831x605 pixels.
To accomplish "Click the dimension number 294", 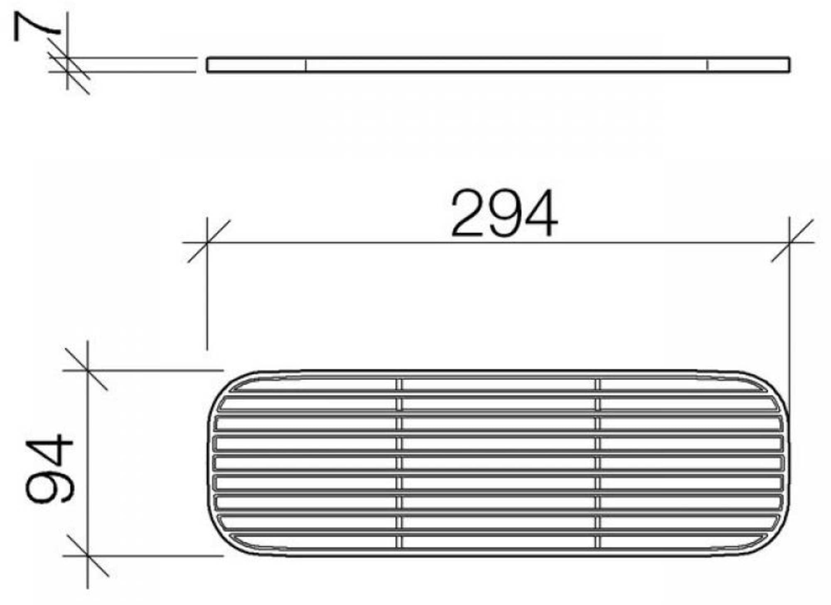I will [x=504, y=213].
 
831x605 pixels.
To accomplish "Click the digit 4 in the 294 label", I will [x=540, y=213].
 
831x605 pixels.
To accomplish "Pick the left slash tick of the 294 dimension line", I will [x=207, y=242].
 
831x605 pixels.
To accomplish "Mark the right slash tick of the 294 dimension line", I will [x=790, y=241].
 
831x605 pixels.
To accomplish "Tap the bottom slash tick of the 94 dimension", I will [x=87, y=555].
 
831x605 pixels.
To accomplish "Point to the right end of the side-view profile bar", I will [x=788, y=65].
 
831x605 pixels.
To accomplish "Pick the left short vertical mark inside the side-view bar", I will [x=305, y=65].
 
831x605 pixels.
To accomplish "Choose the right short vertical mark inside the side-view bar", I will [x=707, y=65].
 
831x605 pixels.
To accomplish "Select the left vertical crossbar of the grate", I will [x=399, y=463].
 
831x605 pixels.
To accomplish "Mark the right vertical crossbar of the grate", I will [x=597, y=463].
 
